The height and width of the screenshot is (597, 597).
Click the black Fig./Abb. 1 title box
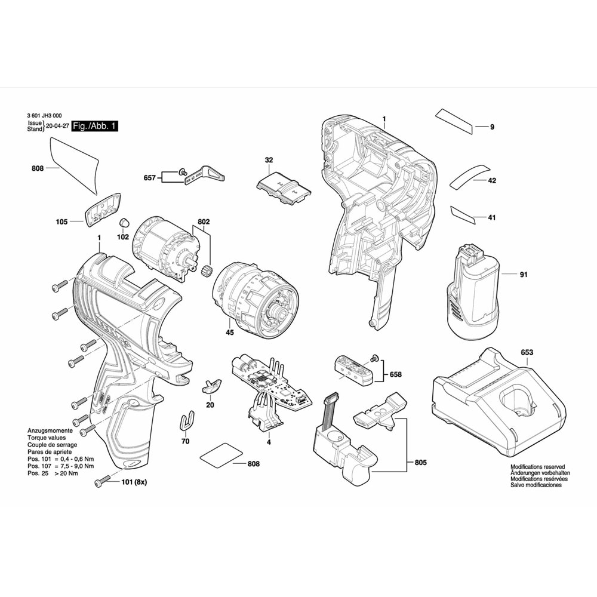[95, 126]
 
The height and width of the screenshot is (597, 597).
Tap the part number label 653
[527, 352]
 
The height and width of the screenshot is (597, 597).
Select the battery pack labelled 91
[473, 291]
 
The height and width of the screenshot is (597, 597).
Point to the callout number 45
[230, 333]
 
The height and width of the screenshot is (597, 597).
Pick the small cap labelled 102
[124, 223]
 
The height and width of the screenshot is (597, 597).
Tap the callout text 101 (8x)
[134, 482]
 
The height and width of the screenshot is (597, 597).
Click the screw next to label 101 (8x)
[102, 481]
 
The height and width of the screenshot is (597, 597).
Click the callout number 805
[420, 463]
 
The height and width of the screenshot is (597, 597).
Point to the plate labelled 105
[102, 210]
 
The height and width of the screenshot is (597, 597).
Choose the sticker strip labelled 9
[454, 121]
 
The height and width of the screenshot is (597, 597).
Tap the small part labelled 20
[211, 387]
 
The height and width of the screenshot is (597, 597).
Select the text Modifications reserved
[538, 467]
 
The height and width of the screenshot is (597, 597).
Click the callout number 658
[396, 375]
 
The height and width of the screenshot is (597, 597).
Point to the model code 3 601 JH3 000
[45, 115]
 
